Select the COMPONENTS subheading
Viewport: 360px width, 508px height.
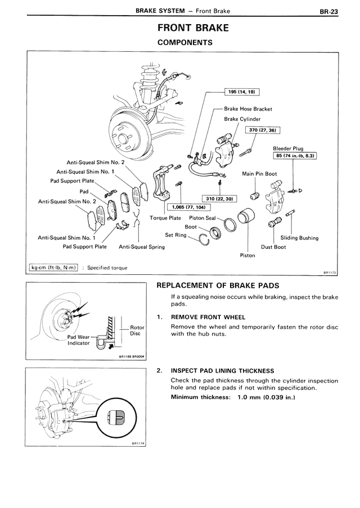pyautogui.click(x=184, y=42)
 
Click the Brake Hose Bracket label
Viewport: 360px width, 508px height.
pyautogui.click(x=247, y=109)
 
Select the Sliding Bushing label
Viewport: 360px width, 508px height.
pyautogui.click(x=299, y=238)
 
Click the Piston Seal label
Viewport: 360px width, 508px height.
pyautogui.click(x=202, y=217)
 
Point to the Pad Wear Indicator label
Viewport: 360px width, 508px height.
pyautogui.click(x=79, y=340)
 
